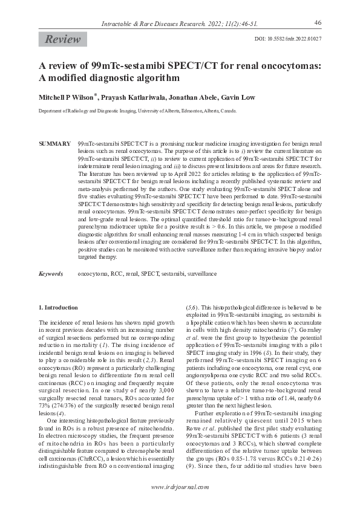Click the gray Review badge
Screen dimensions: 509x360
click(62, 39)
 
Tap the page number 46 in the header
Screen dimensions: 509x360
click(318, 22)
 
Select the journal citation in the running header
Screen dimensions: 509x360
click(180, 24)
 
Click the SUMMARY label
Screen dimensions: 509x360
click(54, 144)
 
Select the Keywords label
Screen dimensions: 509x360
click(51, 274)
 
